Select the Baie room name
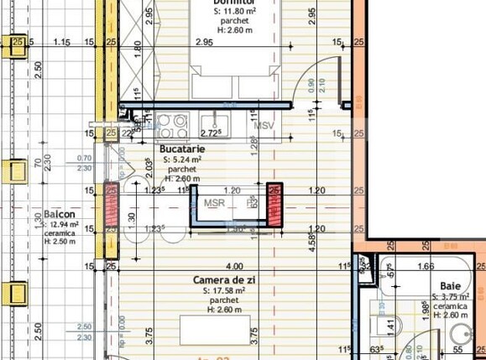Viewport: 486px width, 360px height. (x=452, y=286)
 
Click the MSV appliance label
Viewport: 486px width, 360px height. (x=265, y=126)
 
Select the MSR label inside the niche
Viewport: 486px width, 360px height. (x=214, y=202)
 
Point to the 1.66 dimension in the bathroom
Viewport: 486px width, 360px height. (x=426, y=266)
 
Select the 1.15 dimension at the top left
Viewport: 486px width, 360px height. (x=60, y=41)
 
